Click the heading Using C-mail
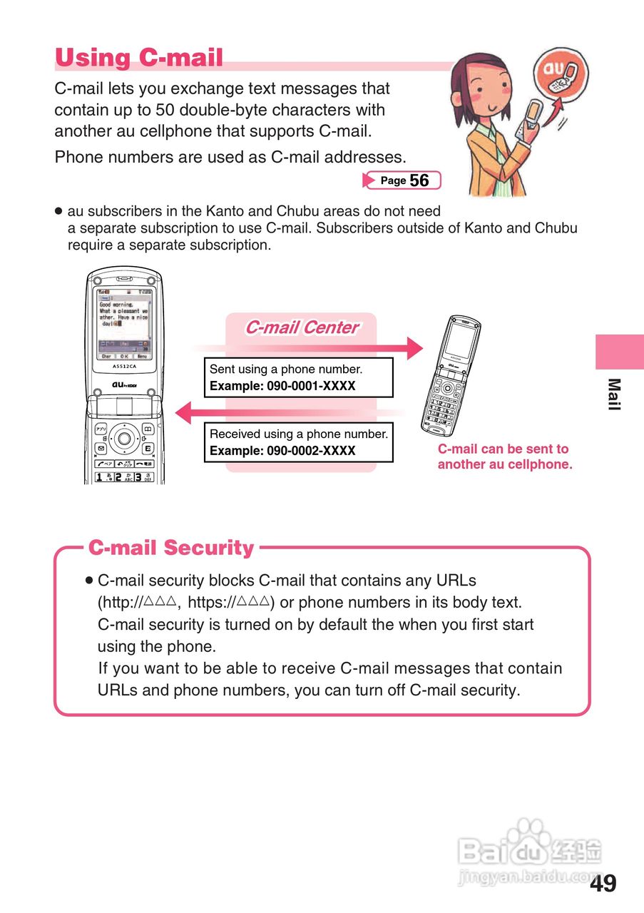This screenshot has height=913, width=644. tap(139, 58)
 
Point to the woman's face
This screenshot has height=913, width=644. tap(480, 82)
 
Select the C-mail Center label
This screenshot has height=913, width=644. tap(301, 327)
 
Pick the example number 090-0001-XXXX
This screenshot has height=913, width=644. tap(311, 387)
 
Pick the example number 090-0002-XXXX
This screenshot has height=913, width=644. tap(311, 451)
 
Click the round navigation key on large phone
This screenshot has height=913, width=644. tap(124, 437)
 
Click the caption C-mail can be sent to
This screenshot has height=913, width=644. tap(503, 449)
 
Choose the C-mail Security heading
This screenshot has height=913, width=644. tap(170, 548)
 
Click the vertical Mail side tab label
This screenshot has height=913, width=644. tap(614, 394)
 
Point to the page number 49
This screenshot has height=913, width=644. tap(603, 884)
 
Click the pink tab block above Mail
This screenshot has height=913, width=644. tap(619, 351)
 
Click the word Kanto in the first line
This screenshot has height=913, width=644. tap(224, 211)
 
